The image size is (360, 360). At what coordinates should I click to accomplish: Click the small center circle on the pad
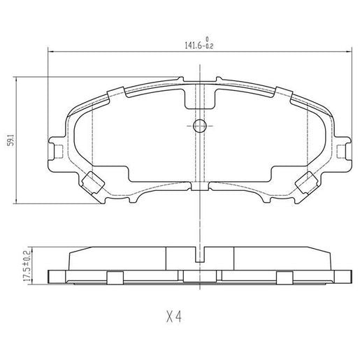(x=199, y=126)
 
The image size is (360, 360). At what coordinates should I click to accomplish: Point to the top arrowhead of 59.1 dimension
(x=17, y=79)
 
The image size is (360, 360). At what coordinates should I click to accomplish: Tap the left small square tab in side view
(x=112, y=278)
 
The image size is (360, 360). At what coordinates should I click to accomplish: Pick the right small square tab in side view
(x=285, y=278)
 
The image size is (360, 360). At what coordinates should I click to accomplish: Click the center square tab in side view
(x=199, y=278)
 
